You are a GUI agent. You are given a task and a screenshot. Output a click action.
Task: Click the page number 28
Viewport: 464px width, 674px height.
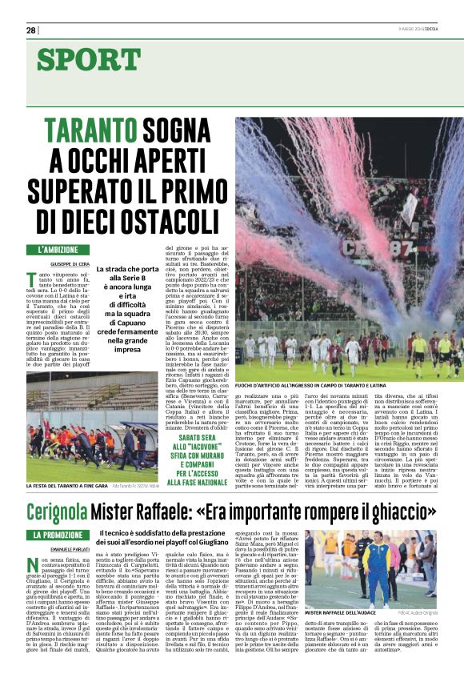pos(30,30)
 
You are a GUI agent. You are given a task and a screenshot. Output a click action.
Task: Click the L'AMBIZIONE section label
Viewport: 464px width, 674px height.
pos(58,250)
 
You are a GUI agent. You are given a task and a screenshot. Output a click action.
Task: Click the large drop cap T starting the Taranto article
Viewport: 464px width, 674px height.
pos(32,279)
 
